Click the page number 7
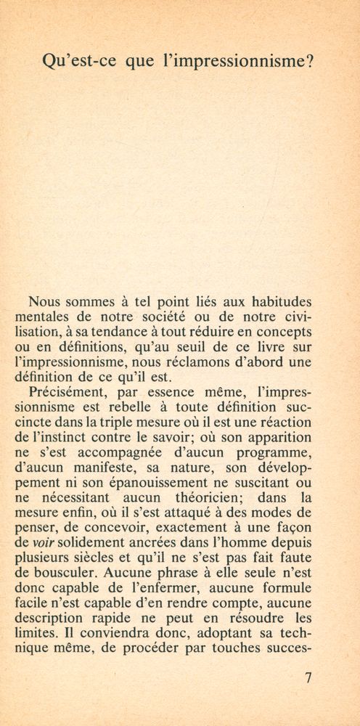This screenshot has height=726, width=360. point(310,680)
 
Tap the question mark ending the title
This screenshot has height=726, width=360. point(310,62)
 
